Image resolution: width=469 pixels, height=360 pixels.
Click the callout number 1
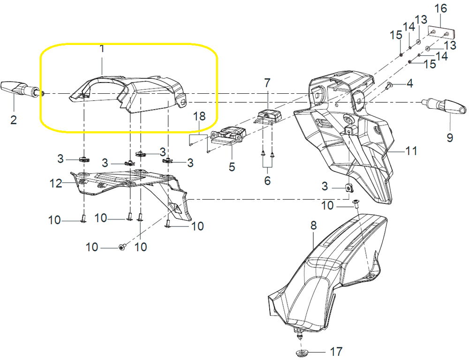[x=102, y=48]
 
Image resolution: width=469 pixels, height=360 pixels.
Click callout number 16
[x=441, y=8]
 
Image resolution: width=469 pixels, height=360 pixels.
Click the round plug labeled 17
[x=300, y=351]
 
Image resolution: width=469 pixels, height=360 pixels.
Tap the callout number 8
[x=313, y=225]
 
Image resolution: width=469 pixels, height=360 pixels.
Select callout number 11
[x=411, y=151]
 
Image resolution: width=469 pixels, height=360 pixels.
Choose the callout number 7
[x=267, y=83]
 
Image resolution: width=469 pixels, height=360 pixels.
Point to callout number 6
[x=267, y=180]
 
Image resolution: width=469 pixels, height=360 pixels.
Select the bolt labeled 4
[x=389, y=86]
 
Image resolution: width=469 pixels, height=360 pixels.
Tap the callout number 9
[x=450, y=139]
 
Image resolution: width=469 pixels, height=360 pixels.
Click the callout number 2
[x=14, y=120]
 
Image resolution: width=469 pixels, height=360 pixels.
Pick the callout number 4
[x=409, y=84]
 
